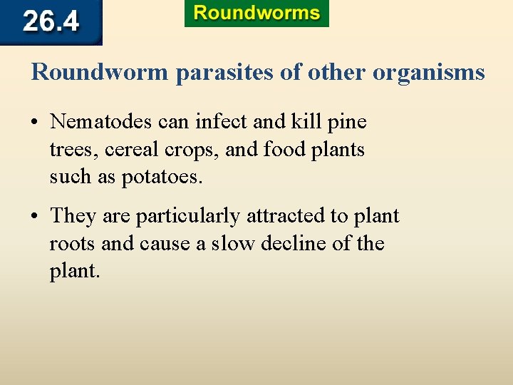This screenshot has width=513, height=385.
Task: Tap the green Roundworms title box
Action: [x=256, y=14]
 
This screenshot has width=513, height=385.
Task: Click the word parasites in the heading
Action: [x=230, y=73]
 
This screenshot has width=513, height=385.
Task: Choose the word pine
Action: [x=347, y=122]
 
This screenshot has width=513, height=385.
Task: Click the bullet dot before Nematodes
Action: [x=35, y=123]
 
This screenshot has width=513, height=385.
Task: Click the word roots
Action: [x=73, y=244]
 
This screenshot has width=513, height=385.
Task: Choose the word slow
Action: [x=232, y=244]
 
